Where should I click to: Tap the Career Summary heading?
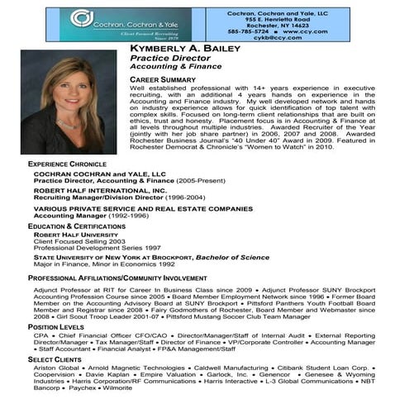(x=161, y=79)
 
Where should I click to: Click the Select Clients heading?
(x=54, y=360)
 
